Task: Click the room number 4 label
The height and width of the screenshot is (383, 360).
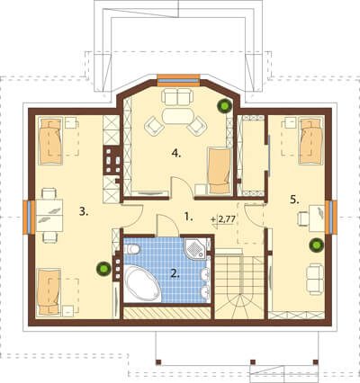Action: (176, 154)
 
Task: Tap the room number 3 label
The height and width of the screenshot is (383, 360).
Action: (84, 211)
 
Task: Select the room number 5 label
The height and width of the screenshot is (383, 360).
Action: (294, 199)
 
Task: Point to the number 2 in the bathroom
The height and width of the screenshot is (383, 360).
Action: (175, 273)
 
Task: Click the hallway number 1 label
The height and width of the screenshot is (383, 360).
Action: (188, 217)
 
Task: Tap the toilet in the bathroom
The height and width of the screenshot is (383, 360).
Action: (131, 249)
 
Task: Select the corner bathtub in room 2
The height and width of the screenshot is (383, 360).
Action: (142, 283)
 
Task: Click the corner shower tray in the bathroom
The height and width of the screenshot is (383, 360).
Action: (195, 248)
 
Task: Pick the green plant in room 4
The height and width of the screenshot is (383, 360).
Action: (225, 105)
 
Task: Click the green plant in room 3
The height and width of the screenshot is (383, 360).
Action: (103, 269)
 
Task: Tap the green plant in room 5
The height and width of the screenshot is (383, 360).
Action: (317, 245)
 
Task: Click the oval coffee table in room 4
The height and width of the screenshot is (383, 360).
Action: (178, 116)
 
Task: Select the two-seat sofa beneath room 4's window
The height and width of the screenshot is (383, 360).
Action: (177, 97)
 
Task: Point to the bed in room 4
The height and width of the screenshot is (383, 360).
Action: (220, 170)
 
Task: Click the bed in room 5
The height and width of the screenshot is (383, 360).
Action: (311, 141)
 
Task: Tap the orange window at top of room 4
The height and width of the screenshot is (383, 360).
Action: (178, 80)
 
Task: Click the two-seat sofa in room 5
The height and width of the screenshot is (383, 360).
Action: (315, 279)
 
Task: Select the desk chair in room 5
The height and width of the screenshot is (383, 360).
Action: (303, 218)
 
